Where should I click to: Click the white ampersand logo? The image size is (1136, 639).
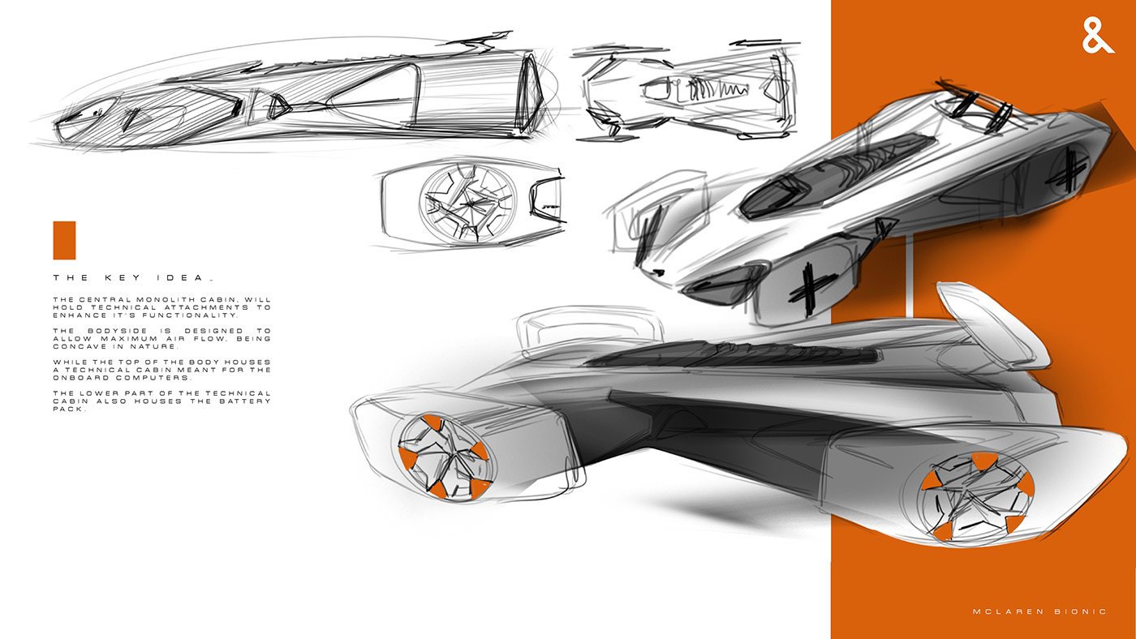[x=1099, y=36]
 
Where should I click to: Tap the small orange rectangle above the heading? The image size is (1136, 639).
[x=64, y=240]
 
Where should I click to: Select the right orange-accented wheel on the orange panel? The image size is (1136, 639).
[x=975, y=496]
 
